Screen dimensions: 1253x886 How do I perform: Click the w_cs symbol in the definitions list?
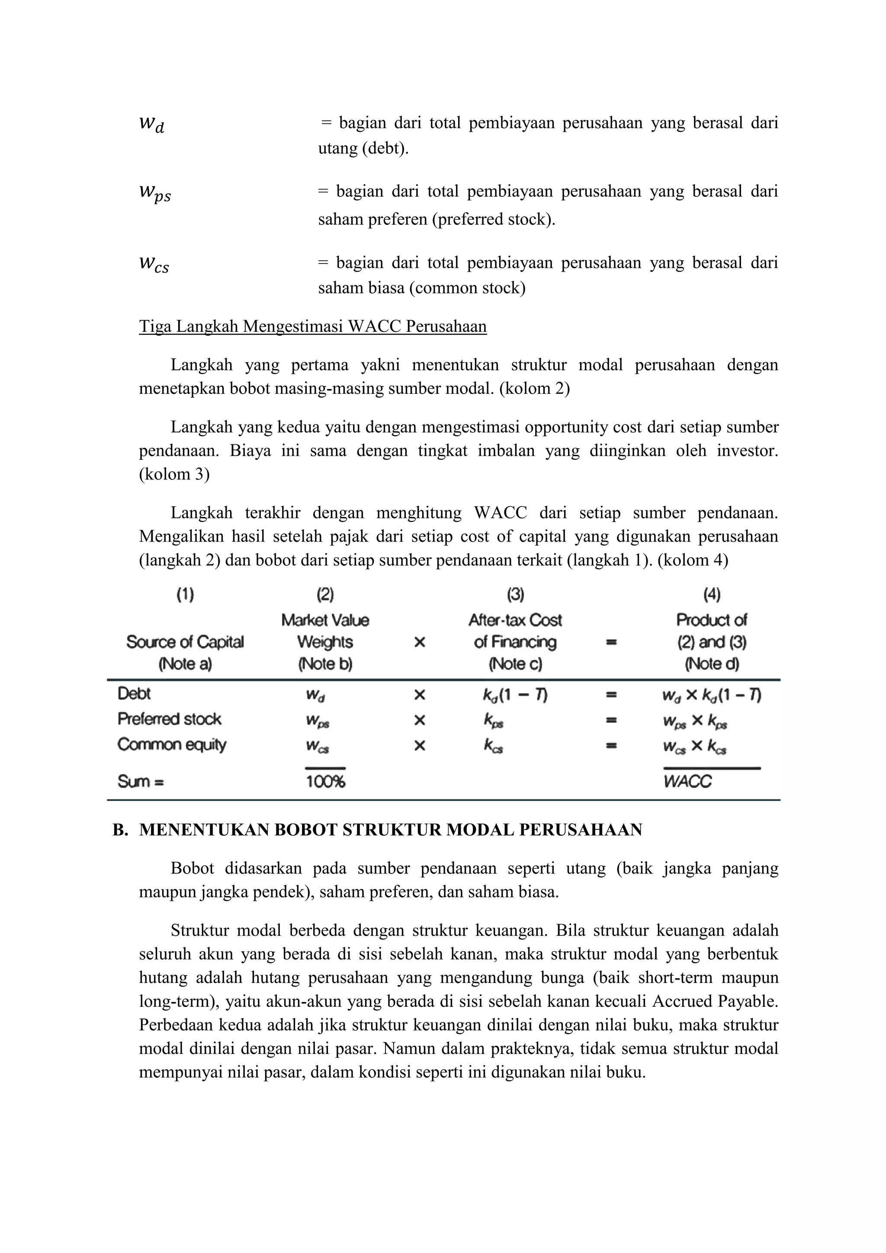coord(154,265)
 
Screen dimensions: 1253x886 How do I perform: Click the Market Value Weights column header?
coord(325,631)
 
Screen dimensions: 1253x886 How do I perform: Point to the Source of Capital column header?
coord(185,642)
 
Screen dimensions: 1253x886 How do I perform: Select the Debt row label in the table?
coord(134,694)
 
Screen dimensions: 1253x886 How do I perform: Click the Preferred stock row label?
coord(169,719)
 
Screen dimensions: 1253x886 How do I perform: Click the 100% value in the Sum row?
coord(325,782)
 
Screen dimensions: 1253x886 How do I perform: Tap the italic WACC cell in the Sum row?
coord(687,782)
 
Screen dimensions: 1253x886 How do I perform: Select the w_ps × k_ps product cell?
coord(694,721)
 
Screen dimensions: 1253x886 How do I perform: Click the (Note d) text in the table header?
coord(711,664)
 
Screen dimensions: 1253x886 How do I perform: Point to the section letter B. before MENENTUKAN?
coord(120,830)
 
